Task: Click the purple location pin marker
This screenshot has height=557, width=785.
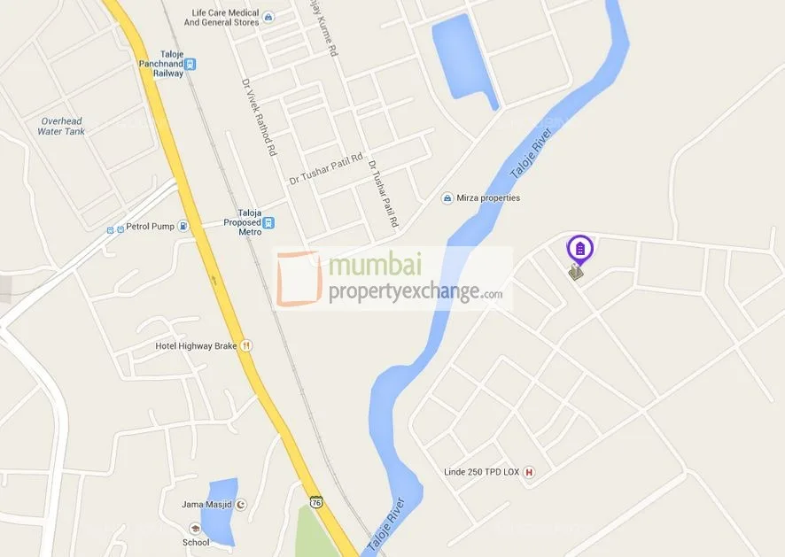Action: click(579, 249)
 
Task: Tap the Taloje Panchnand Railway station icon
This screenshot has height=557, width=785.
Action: click(190, 64)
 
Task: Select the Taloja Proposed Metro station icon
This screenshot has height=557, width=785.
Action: click(268, 223)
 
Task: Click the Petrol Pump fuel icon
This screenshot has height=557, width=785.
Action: click(183, 226)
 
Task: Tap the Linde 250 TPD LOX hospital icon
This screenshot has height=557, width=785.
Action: click(530, 472)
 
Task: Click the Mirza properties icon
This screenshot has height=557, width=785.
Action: click(447, 198)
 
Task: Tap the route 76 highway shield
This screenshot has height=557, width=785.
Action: click(316, 502)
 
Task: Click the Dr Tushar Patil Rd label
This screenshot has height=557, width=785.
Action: click(326, 169)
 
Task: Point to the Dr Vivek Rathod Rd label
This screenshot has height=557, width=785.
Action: click(260, 118)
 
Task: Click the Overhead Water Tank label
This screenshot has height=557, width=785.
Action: click(61, 126)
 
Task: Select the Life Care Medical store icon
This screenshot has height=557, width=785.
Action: click(268, 17)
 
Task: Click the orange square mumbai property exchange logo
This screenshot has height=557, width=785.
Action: click(299, 279)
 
